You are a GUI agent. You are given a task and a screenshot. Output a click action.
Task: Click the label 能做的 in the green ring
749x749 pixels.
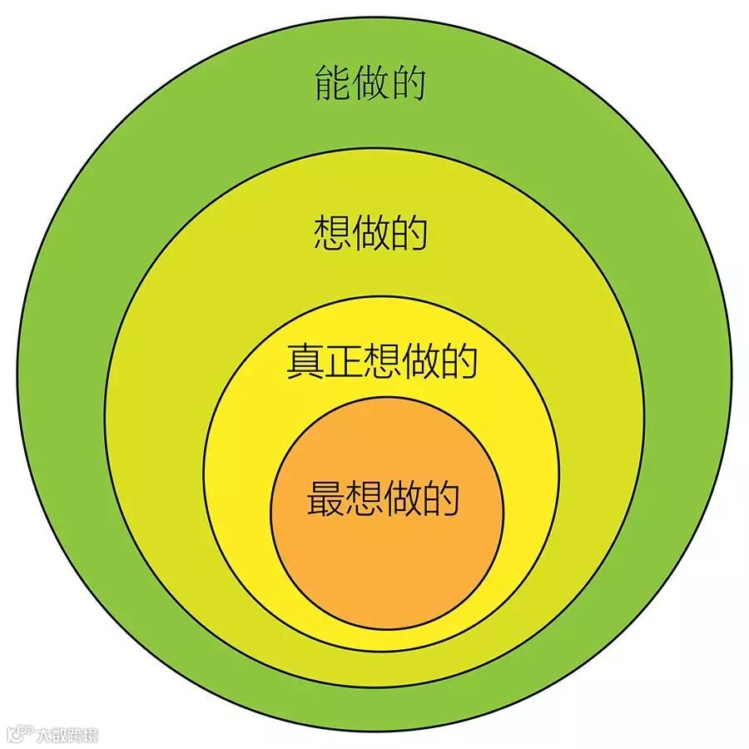tap(370, 84)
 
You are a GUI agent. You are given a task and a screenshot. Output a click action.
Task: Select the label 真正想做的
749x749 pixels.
tap(382, 360)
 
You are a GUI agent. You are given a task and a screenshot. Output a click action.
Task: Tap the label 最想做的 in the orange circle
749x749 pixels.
tap(383, 499)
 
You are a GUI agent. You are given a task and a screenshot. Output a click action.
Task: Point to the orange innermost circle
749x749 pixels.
tap(387, 566)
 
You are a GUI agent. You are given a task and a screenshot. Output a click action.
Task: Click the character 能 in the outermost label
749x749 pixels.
tap(332, 84)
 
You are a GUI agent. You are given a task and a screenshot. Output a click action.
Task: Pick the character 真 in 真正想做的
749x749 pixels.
tap(305, 360)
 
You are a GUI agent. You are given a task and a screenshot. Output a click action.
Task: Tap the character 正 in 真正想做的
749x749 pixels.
tap(344, 360)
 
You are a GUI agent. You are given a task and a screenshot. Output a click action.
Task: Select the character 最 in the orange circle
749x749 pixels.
tap(325, 499)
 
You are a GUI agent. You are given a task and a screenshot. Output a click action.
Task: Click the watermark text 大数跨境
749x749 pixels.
tap(67, 735)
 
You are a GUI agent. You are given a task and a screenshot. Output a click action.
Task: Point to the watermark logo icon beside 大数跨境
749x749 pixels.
tap(21, 734)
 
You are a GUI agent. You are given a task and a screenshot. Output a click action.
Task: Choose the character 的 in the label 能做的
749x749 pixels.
tap(408, 84)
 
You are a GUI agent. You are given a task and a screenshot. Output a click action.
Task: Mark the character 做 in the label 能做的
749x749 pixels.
tap(370, 84)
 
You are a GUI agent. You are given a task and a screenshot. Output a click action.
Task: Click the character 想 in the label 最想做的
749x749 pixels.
tap(364, 499)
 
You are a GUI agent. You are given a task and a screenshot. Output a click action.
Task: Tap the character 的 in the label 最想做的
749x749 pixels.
tap(441, 499)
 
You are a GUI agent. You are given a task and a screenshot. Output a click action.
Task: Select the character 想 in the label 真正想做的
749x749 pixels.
tap(382, 360)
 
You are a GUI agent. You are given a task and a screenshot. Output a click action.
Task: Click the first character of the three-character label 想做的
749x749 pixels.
tap(332, 232)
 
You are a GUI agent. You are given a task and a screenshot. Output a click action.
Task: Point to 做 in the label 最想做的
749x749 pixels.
tap(403, 499)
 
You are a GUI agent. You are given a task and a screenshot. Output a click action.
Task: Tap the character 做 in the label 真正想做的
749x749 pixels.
tap(420, 360)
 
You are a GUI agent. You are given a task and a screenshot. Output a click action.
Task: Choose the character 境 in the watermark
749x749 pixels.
tap(91, 735)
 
